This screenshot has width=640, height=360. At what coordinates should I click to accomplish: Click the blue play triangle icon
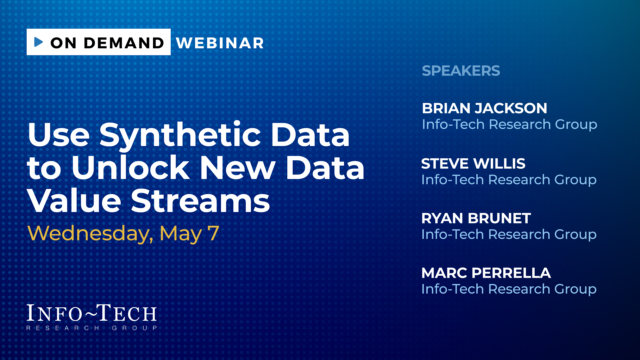39,42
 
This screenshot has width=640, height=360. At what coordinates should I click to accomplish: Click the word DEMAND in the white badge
124,43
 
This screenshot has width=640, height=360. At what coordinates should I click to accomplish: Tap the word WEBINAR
220,43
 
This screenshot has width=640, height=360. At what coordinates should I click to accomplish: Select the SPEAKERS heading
461,71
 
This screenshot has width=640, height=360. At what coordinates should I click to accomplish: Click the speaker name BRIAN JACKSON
484,108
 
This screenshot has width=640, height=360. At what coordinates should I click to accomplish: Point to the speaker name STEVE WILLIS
473,163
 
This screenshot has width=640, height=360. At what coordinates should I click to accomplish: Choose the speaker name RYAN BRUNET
476,218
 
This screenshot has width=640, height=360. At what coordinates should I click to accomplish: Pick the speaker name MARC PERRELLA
486,273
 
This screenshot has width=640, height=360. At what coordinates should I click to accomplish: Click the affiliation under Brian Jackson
509,125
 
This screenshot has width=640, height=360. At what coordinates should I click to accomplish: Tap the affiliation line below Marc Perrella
509,289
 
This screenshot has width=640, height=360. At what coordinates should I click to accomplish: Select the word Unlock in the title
130,168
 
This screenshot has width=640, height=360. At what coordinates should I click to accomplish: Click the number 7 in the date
213,233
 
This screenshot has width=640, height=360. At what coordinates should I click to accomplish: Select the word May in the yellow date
181,234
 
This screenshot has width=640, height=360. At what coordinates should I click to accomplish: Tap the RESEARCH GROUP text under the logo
92,328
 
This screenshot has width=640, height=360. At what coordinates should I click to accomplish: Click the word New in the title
237,168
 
